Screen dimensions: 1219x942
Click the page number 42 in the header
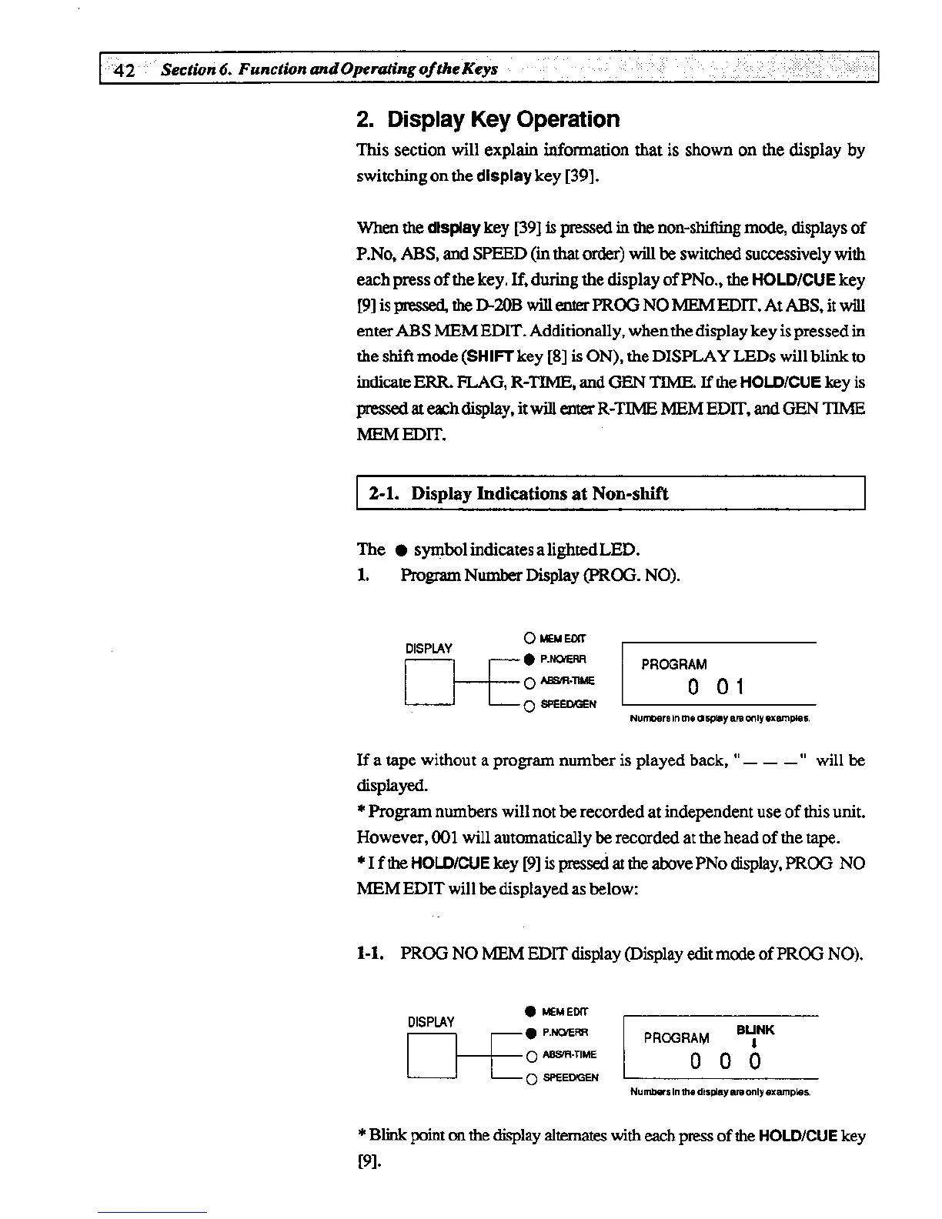tap(124, 70)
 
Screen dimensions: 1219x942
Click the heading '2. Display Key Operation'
tap(488, 119)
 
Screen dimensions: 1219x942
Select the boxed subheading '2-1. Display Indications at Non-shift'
tap(518, 493)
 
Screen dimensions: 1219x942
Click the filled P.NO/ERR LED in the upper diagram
tap(529, 659)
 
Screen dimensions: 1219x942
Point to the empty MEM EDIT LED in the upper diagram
tap(529, 637)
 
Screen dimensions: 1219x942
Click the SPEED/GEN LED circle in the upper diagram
tap(529, 706)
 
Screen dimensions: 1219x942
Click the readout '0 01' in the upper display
tap(717, 686)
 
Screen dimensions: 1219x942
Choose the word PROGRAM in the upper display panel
tap(673, 664)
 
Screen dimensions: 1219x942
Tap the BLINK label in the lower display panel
tap(755, 1030)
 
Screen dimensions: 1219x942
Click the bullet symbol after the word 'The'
tap(399, 550)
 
